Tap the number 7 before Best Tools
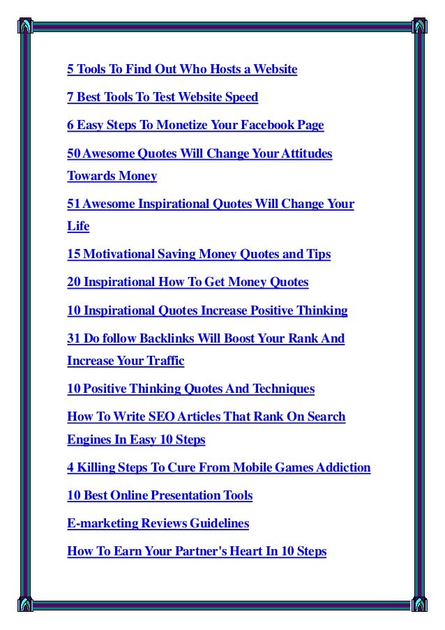tap(70, 97)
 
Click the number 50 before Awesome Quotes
tap(73, 153)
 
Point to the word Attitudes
tap(306, 153)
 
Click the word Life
tap(78, 227)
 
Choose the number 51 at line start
tap(73, 204)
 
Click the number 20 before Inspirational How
tap(73, 283)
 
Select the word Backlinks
tap(167, 338)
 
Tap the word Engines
tap(86, 440)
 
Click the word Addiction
tap(342, 467)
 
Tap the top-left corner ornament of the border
tap(26, 24)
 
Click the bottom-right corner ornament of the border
tap(419, 604)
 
